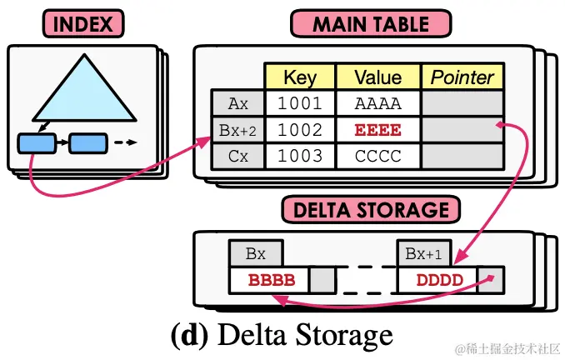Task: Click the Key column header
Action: (300, 77)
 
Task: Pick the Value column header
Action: (377, 77)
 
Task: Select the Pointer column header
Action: (462, 77)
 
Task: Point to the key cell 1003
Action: (300, 156)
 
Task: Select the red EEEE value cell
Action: (377, 130)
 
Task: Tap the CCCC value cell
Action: (377, 156)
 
